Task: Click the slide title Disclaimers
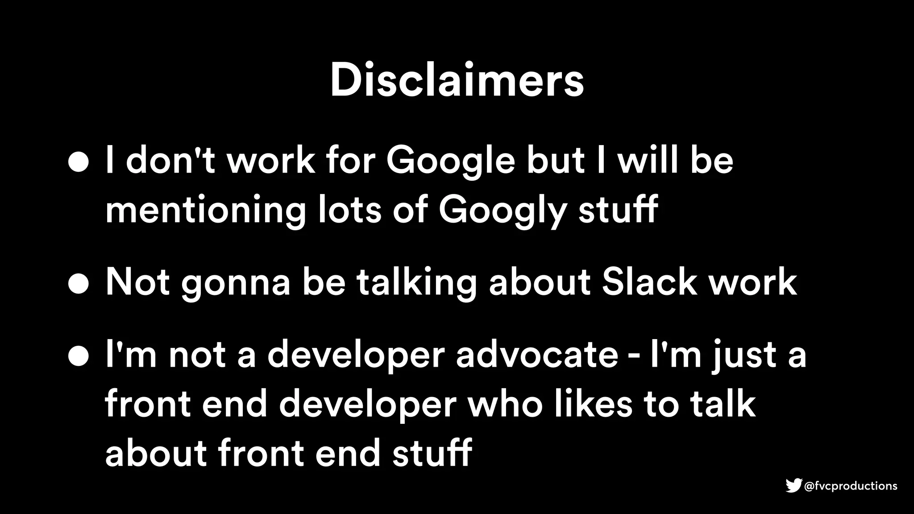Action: (x=457, y=81)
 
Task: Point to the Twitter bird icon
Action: (x=794, y=485)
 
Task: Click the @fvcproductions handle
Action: (x=850, y=486)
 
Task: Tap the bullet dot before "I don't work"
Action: (x=79, y=163)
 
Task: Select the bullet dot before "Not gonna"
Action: (x=79, y=284)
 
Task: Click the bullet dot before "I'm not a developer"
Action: (x=79, y=357)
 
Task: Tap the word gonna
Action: (x=236, y=284)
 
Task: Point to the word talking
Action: (x=417, y=283)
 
